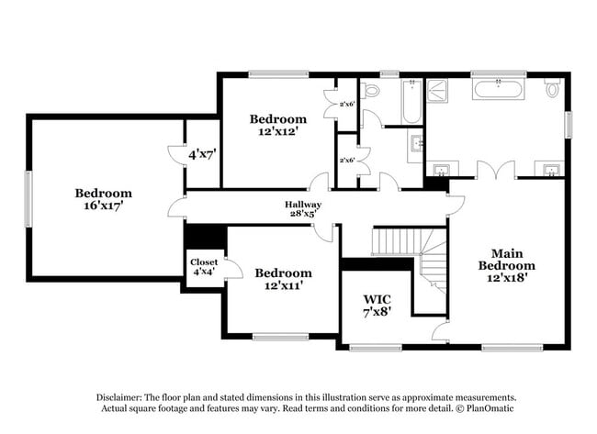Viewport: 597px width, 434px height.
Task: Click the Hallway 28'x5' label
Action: (x=303, y=209)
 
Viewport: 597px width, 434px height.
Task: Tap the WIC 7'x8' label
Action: (x=377, y=305)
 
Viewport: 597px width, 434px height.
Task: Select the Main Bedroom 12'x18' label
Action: (x=507, y=265)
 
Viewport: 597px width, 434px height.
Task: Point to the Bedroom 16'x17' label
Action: (x=103, y=199)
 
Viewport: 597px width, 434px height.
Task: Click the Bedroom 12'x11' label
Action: (x=283, y=279)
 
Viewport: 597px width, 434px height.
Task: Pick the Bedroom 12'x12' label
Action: (x=278, y=125)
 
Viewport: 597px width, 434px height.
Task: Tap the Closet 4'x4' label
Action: (x=204, y=267)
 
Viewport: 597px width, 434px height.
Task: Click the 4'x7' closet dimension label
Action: (x=203, y=154)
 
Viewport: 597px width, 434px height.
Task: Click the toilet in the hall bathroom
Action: (x=370, y=91)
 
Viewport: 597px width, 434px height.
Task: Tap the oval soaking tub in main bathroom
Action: (x=499, y=89)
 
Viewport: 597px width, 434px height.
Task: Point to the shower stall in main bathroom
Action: (x=436, y=90)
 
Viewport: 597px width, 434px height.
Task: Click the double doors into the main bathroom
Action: (x=496, y=170)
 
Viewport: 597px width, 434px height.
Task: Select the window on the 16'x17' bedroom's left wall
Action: (x=28, y=199)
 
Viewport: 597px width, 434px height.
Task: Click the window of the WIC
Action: (x=376, y=347)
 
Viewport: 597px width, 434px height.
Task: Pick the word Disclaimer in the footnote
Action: (x=119, y=397)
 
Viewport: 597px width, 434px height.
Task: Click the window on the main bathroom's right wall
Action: (x=568, y=125)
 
